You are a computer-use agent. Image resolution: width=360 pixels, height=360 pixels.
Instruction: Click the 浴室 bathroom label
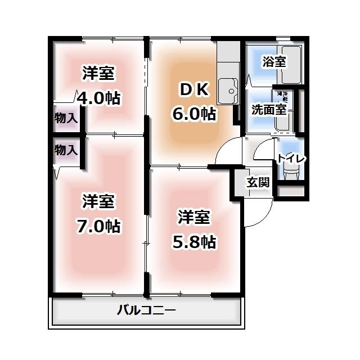[274, 62]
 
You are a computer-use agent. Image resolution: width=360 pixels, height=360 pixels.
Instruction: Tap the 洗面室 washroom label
[269, 109]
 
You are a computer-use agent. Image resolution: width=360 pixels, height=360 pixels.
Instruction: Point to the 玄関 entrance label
[258, 182]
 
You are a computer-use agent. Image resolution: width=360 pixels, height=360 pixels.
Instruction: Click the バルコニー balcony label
[147, 310]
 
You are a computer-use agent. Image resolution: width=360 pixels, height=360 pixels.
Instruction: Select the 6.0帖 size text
[194, 114]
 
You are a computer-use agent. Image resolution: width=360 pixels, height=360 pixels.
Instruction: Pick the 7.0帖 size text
[98, 226]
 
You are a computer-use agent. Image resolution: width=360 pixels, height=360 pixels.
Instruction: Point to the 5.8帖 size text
[194, 241]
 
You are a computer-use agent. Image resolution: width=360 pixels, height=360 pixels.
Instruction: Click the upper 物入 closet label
[66, 118]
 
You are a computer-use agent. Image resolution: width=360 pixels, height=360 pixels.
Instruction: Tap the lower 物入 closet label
[66, 150]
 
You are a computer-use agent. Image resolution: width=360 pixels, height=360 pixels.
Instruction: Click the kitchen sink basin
[230, 90]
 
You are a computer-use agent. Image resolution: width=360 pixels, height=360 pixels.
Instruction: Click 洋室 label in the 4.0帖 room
[98, 73]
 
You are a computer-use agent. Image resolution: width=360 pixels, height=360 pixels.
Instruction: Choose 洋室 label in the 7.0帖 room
[98, 201]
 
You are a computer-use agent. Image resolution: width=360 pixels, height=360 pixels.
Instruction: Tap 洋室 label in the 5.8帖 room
[194, 217]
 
